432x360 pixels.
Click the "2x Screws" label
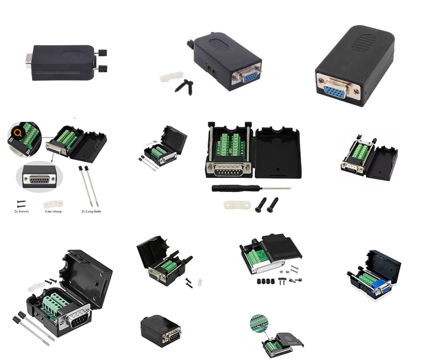[21, 211]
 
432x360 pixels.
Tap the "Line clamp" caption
[53, 211]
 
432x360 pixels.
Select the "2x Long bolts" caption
[91, 211]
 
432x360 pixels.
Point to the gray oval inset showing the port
[39, 176]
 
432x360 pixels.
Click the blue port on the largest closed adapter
[335, 91]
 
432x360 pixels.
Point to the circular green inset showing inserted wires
[259, 323]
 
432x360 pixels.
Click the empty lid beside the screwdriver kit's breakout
[278, 153]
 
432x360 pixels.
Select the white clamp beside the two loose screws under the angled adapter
[170, 78]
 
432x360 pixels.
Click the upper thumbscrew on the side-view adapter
[101, 53]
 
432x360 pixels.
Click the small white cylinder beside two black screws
[200, 282]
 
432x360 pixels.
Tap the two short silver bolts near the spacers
[294, 269]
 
